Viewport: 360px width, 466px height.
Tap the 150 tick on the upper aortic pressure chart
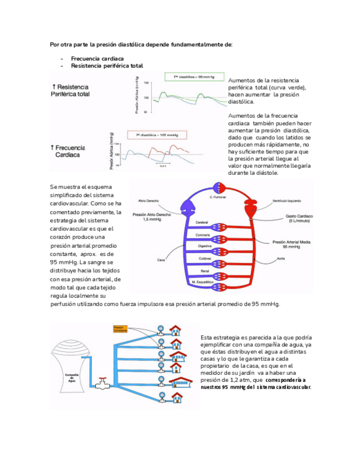(146, 83)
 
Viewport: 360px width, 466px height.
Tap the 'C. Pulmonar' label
(218, 196)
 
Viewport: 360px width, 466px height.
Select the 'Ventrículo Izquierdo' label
(289, 201)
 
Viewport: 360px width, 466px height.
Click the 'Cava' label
(161, 260)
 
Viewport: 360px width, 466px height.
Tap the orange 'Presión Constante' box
(120, 329)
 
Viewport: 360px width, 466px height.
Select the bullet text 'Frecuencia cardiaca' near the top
(97, 58)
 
